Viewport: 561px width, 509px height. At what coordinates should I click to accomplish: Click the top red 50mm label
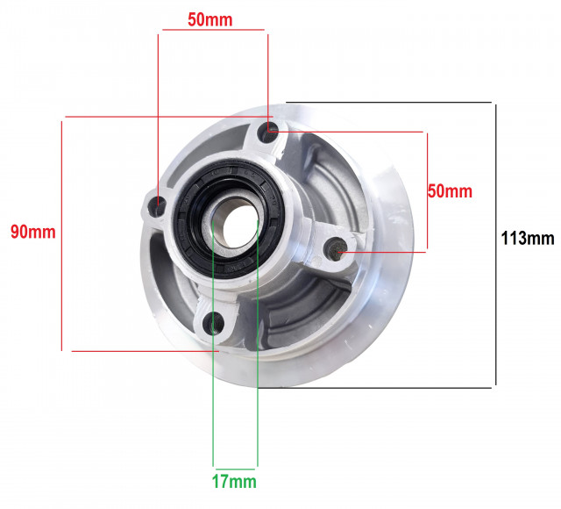point(210,19)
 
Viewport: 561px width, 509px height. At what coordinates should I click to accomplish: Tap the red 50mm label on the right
point(450,191)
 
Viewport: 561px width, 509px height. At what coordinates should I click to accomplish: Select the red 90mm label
point(33,232)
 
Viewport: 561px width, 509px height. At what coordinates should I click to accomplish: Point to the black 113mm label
point(528,238)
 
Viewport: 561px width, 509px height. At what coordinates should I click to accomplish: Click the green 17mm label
point(234,482)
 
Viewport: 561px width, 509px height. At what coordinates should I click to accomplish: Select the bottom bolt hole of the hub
point(214,323)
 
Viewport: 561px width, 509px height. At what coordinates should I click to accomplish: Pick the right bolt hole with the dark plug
point(336,248)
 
